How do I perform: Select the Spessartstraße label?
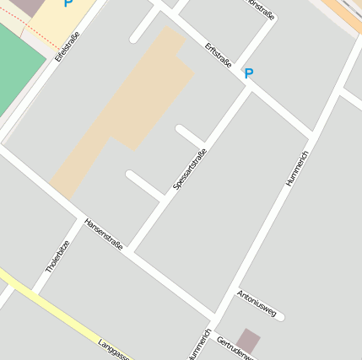(190, 169)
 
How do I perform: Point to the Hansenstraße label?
(103, 234)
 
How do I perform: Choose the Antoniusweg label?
(257, 304)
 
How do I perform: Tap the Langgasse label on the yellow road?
(113, 350)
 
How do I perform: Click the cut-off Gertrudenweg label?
(235, 348)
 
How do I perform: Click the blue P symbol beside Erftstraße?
(248, 74)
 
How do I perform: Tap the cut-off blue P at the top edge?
(68, 3)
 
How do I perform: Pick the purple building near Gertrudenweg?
(248, 341)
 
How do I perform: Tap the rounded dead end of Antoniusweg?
(280, 316)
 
